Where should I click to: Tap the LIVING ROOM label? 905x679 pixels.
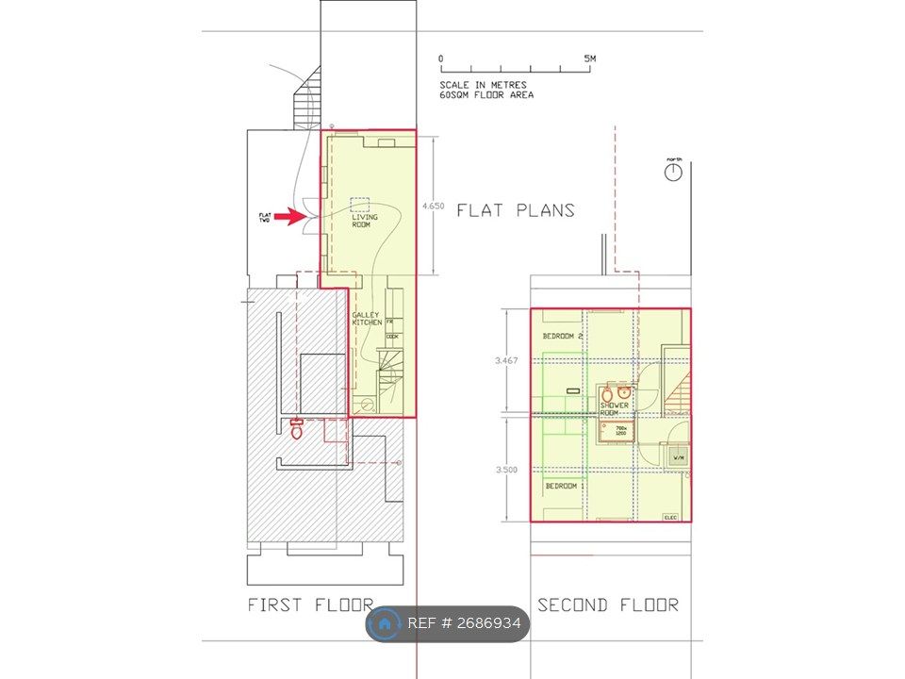coord(364,221)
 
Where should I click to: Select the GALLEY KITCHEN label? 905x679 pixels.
coord(367,319)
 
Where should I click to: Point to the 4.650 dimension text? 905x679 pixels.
coord(434,206)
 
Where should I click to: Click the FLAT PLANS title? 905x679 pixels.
coord(516,210)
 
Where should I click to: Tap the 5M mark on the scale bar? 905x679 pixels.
coord(590,58)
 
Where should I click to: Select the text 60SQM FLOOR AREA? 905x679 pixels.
coord(485,95)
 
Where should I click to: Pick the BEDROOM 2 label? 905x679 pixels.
coord(563,337)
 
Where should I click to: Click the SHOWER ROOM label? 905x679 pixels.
coord(615,409)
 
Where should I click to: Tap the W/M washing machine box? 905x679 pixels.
coord(678,457)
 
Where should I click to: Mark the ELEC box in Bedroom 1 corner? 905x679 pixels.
coord(671,517)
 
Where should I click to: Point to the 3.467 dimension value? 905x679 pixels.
coord(506,360)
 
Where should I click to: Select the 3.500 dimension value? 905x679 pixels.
coord(506,470)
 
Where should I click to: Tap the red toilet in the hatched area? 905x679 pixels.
coord(297,429)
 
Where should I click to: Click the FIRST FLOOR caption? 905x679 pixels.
coord(310,604)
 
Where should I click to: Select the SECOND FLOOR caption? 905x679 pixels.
coord(607,604)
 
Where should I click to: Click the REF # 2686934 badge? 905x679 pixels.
coord(448,624)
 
